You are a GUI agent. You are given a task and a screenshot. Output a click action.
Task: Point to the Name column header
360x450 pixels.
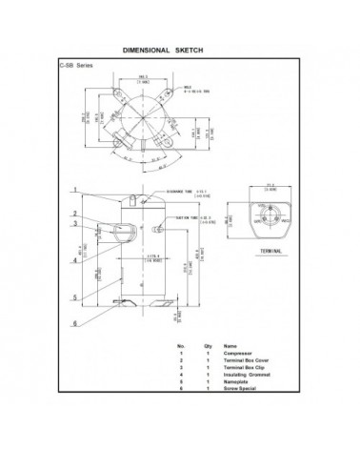[x=230, y=345]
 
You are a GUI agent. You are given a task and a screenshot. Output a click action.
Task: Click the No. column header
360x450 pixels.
[x=179, y=345]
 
